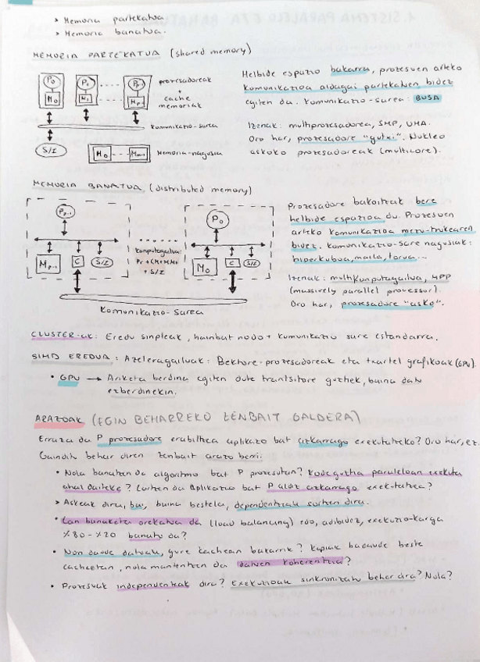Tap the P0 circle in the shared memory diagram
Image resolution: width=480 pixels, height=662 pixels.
coord(51,80)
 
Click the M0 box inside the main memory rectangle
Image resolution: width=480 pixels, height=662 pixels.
coord(102,154)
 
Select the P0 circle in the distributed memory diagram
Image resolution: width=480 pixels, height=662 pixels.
coord(217,222)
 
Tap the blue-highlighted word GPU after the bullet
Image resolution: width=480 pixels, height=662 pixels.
coord(67,376)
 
